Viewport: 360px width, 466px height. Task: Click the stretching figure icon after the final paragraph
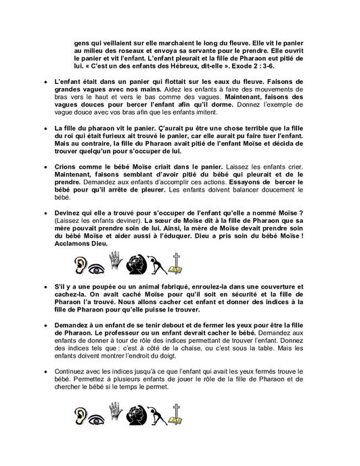point(158,419)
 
